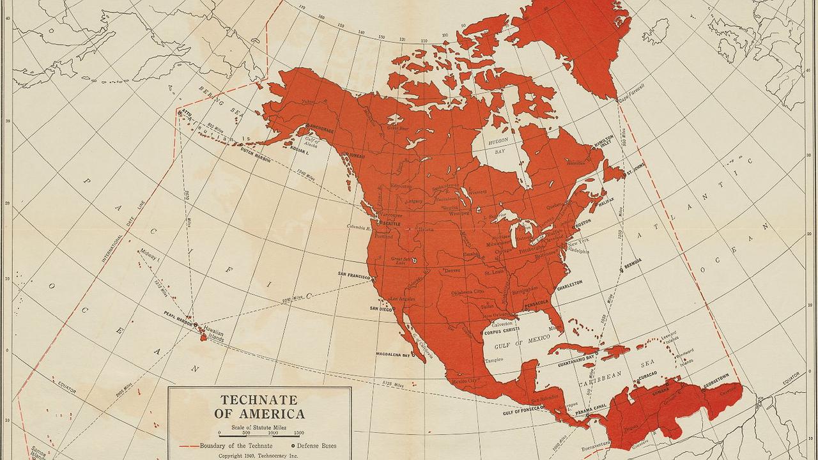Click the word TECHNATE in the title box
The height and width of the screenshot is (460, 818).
click(259, 400)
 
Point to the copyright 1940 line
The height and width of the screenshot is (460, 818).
click(259, 456)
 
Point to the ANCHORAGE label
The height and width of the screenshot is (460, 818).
click(320, 130)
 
